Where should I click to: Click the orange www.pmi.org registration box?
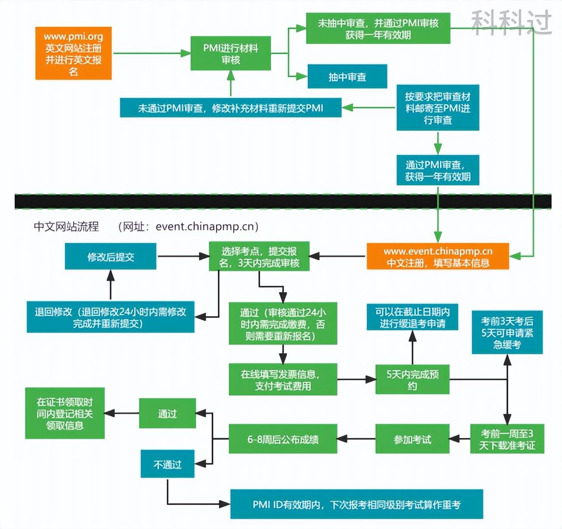[73, 54]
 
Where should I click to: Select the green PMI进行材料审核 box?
[231, 54]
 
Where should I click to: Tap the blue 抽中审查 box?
[347, 77]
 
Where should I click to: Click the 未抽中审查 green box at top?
[378, 28]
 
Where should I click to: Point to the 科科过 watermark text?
[511, 22]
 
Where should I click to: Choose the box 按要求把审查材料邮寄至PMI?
[437, 108]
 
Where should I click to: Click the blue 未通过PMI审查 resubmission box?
[231, 108]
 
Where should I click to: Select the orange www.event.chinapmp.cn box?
[437, 257]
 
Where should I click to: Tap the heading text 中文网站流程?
[66, 226]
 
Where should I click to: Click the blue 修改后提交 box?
[110, 257]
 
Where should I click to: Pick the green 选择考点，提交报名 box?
[259, 257]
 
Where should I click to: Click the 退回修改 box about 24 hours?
[110, 317]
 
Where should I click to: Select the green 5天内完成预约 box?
[412, 380]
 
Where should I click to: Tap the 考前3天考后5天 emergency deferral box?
[507, 332]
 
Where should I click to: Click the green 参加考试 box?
[412, 439]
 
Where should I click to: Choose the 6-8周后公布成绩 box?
[283, 439]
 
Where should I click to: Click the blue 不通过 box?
[167, 464]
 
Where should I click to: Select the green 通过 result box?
[167, 413]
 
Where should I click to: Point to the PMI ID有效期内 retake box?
[356, 504]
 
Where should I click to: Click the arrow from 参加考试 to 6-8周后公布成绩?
[356, 439]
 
